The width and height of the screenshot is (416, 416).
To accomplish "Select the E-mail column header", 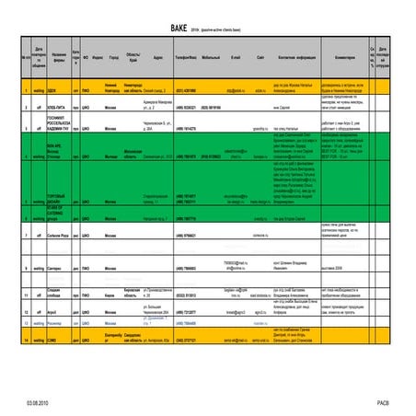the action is [x=236, y=56].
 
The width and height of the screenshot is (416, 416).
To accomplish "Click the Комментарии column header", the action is [x=336, y=56].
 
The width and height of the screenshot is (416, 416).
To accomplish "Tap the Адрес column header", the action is [x=157, y=56].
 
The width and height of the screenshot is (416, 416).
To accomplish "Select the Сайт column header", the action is [x=262, y=56].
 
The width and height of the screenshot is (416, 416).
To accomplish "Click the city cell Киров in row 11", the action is [x=112, y=296].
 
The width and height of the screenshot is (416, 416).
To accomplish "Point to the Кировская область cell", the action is [x=132, y=296].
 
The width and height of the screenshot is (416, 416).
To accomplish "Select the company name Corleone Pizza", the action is [x=59, y=237].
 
